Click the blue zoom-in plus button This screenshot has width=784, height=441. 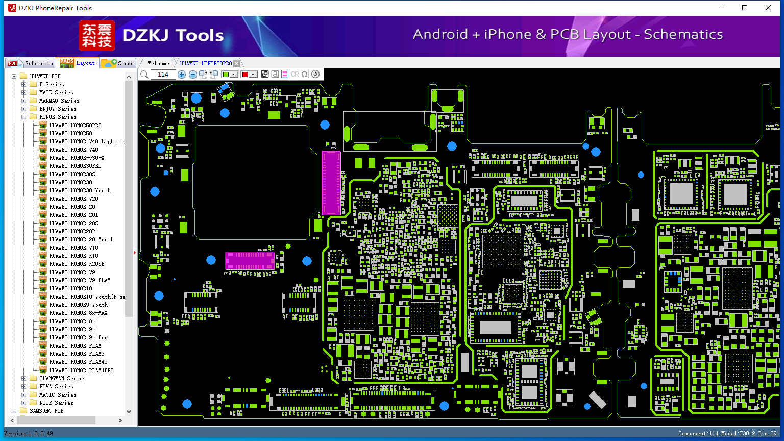pyautogui.click(x=181, y=74)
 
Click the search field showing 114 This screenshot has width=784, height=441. pyautogui.click(x=163, y=74)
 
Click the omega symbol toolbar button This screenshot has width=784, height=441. pyautogui.click(x=305, y=74)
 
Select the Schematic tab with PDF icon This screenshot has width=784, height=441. pyautogui.click(x=30, y=63)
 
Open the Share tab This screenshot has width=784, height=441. pyautogui.click(x=117, y=63)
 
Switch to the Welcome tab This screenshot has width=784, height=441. pyautogui.click(x=158, y=63)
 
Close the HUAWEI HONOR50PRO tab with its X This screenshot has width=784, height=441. pyautogui.click(x=237, y=63)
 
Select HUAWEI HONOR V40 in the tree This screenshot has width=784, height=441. pyautogui.click(x=73, y=150)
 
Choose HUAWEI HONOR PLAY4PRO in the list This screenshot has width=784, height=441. pyautogui.click(x=81, y=370)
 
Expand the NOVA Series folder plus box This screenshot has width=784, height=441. pyautogui.click(x=24, y=386)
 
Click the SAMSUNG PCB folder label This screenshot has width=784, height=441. pyautogui.click(x=46, y=411)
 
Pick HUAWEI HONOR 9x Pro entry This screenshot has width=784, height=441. pyautogui.click(x=78, y=337)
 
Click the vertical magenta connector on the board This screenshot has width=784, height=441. pyautogui.click(x=331, y=183)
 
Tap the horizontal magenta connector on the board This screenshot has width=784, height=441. pyautogui.click(x=250, y=261)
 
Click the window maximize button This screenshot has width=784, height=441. pyautogui.click(x=745, y=8)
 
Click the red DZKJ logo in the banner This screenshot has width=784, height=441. pyautogui.click(x=97, y=36)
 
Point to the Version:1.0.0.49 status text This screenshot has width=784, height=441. pyautogui.click(x=29, y=433)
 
